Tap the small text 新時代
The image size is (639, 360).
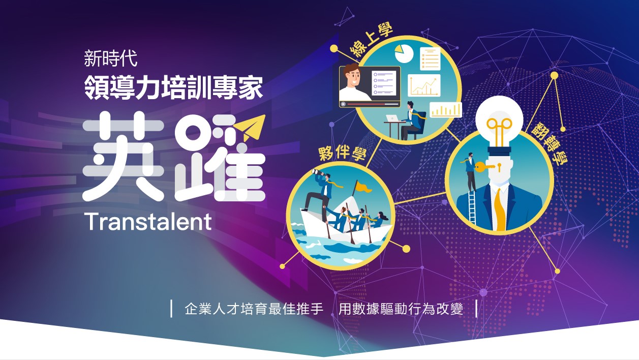pyautogui.click(x=111, y=58)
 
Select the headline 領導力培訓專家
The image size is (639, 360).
pyautogui.click(x=173, y=87)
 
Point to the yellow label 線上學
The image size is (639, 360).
pyautogui.click(x=372, y=40)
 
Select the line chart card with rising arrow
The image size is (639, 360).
pyautogui.click(x=424, y=85)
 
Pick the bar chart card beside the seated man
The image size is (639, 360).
pyautogui.click(x=446, y=109)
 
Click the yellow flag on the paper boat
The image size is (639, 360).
pyautogui.click(x=362, y=187)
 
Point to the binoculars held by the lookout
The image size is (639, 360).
pyautogui.click(x=318, y=172)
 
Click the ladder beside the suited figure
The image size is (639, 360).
pyautogui.click(x=472, y=207)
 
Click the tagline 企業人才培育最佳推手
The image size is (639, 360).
pyautogui.click(x=254, y=309)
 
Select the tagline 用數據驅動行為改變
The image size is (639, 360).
pyautogui.click(x=401, y=309)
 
